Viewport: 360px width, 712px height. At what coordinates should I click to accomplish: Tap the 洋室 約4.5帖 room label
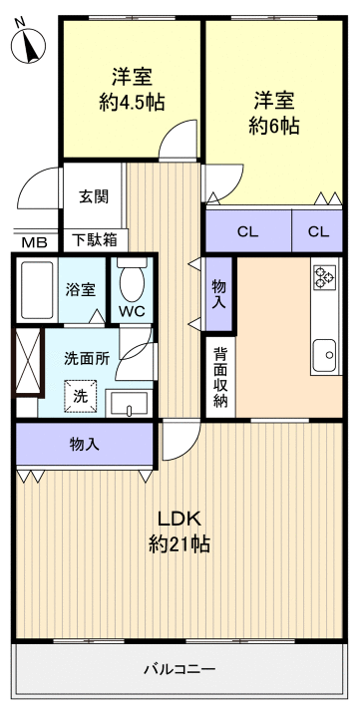click(132, 89)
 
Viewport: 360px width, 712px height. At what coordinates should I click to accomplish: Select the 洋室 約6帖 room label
click(273, 113)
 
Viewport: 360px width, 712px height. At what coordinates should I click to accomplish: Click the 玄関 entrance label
click(94, 195)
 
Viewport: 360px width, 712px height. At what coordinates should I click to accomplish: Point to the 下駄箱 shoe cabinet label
click(94, 239)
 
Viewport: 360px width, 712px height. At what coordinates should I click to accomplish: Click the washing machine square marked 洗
click(81, 396)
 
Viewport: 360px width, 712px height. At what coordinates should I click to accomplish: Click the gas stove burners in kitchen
click(324, 276)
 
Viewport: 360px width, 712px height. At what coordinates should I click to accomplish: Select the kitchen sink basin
click(324, 352)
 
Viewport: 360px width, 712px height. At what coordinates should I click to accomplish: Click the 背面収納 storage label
click(219, 380)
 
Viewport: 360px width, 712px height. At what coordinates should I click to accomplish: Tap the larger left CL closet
click(247, 231)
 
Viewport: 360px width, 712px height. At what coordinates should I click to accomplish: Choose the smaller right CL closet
click(317, 231)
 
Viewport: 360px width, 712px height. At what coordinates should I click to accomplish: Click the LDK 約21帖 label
click(180, 531)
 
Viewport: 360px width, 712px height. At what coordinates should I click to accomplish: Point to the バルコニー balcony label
click(180, 668)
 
